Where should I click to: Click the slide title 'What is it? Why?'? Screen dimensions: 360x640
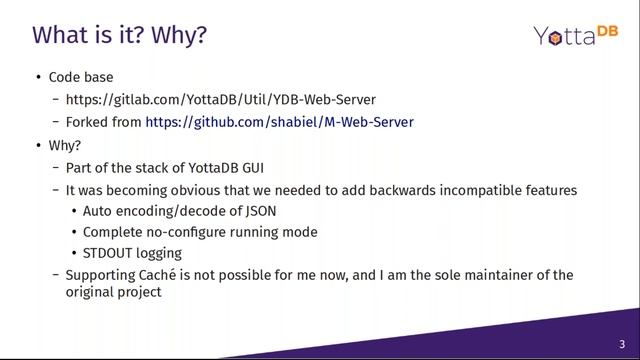pyautogui.click(x=120, y=36)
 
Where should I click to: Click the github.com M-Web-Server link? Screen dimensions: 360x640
pyautogui.click(x=279, y=122)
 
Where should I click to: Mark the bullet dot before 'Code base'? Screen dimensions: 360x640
pyautogui.click(x=39, y=78)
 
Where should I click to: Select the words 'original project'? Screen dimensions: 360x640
pyautogui.click(x=113, y=293)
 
